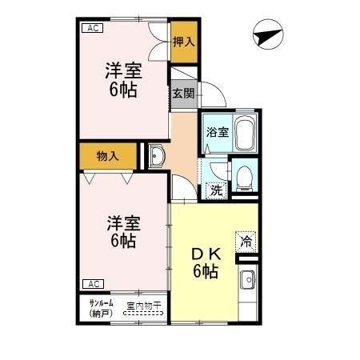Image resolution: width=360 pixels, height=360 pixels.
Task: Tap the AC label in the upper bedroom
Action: (x=91, y=28)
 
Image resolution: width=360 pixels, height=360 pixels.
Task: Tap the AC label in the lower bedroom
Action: (x=91, y=283)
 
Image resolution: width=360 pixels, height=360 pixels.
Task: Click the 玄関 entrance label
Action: (x=182, y=93)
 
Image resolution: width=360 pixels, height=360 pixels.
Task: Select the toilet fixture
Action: (x=244, y=176)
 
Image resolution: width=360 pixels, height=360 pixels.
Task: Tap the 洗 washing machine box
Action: (x=214, y=190)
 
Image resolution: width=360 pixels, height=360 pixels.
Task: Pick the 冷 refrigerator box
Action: (x=246, y=239)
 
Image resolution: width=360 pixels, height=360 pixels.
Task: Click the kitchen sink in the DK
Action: (x=247, y=281)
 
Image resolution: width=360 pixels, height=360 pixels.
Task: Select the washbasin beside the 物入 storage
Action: (x=156, y=155)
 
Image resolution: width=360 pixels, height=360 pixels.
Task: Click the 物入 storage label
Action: (x=107, y=156)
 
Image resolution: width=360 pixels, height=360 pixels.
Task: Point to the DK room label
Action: (x=205, y=254)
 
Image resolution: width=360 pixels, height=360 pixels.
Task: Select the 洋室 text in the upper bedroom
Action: (x=123, y=70)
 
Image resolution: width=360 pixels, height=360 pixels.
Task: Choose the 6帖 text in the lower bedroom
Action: (x=123, y=240)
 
